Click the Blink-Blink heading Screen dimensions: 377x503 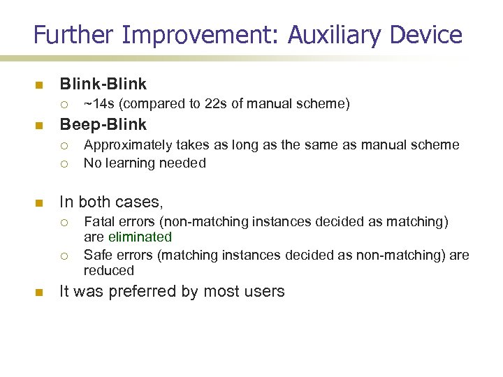[x=103, y=84]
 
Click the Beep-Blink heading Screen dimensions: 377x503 [x=103, y=125]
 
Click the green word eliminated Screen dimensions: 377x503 [x=140, y=237]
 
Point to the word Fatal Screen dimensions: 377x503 [x=99, y=221]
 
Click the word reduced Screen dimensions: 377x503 [x=108, y=270]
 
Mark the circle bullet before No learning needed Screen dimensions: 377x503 [x=64, y=163]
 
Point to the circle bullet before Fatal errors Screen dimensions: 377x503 [x=64, y=222]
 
